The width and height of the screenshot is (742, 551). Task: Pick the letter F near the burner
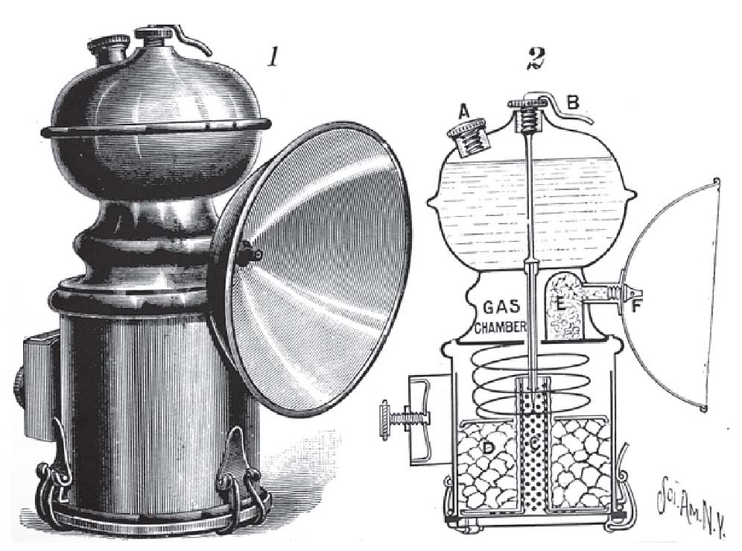point(636,304)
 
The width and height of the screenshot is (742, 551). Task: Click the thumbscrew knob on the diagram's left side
point(385,413)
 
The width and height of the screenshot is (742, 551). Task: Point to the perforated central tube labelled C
point(531,447)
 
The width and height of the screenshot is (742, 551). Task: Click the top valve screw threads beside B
point(529,117)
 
